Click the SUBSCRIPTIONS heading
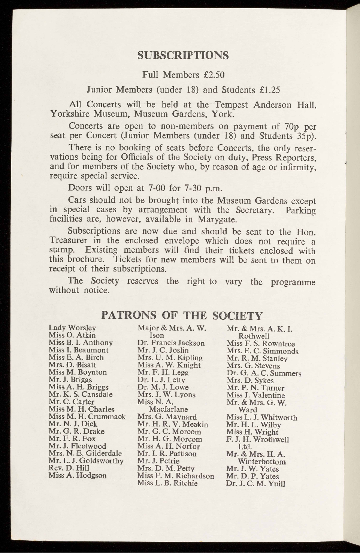183,55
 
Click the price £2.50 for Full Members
214,75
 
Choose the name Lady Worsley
72,328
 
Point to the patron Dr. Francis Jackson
171,343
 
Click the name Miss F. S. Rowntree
261,343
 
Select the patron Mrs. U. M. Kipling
170,357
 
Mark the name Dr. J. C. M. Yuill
255,483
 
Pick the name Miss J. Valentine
255,395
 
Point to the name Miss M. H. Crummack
87,416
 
